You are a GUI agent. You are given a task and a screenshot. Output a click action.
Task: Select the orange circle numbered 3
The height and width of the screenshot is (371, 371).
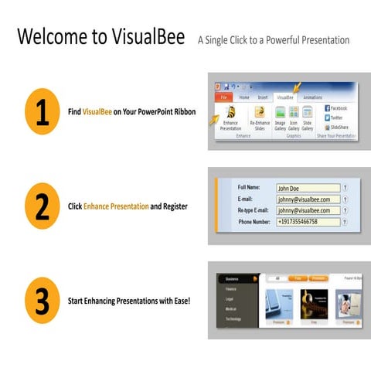(x=42, y=300)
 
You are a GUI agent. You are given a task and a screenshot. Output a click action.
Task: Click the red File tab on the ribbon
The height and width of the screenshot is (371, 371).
(x=222, y=98)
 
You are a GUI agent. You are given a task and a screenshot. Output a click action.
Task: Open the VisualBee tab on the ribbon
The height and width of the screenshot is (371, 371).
(x=285, y=98)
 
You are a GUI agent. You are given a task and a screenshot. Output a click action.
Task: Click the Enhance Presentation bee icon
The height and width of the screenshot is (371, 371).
(x=230, y=113)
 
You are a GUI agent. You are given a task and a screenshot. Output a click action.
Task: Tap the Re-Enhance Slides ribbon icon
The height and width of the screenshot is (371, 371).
(x=259, y=113)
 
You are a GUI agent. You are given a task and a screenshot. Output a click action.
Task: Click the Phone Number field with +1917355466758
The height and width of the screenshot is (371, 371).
(x=308, y=223)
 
